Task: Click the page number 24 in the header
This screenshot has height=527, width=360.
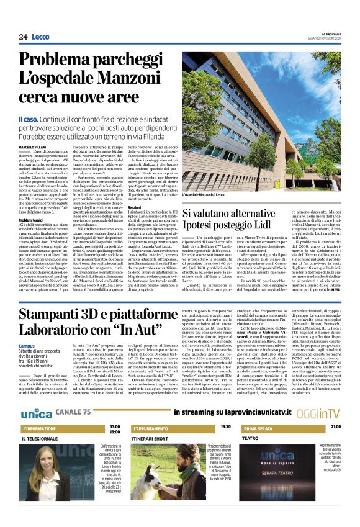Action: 24,37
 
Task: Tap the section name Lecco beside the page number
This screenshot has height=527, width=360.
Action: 41,37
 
